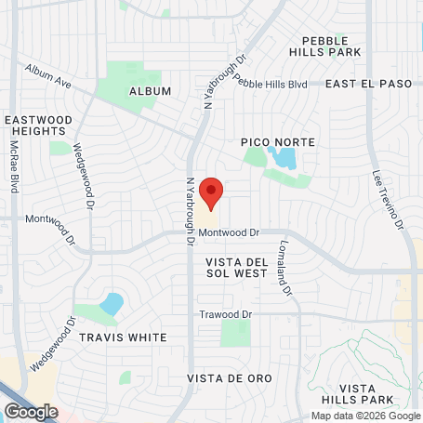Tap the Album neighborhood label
pyautogui.click(x=151, y=90)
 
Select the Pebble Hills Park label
pyautogui.click(x=332, y=46)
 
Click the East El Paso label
pyautogui.click(x=368, y=84)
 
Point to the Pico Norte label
pyautogui.click(x=278, y=142)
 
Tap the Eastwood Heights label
pyautogui.click(x=38, y=127)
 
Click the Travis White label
pyautogui.click(x=123, y=337)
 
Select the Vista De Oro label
pyautogui.click(x=228, y=378)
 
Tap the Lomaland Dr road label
pyautogui.click(x=284, y=269)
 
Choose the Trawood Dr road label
pyautogui.click(x=226, y=314)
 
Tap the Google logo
pyautogui.click(x=31, y=411)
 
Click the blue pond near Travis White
pyautogui.click(x=112, y=303)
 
